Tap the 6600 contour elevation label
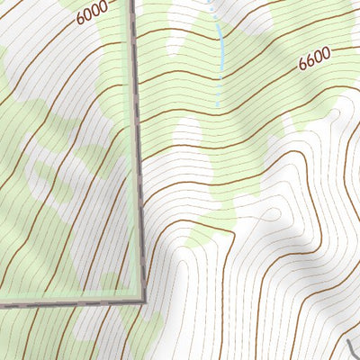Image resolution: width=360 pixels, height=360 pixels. pos(314,58)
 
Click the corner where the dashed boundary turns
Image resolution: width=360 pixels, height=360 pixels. pos(141,299)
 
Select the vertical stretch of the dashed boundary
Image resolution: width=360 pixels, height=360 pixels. pos(139,153)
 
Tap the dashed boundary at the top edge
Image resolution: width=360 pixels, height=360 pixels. pos(135,2)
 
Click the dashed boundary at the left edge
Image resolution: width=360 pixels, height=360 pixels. pos(2,309)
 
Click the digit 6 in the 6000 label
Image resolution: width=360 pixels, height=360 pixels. pos(81,18)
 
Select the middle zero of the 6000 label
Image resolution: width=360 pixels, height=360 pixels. pos(95,12)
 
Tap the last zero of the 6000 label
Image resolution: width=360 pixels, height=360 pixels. pos(103,8)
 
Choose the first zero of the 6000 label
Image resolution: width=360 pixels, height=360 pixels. pos(88,15)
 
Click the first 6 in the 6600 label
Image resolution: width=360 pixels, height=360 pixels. pos(303,63)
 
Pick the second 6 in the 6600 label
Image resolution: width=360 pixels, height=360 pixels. pos(310,60)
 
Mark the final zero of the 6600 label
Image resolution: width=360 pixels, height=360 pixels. pos(326,53)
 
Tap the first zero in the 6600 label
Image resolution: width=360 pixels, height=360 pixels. pos(319,57)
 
